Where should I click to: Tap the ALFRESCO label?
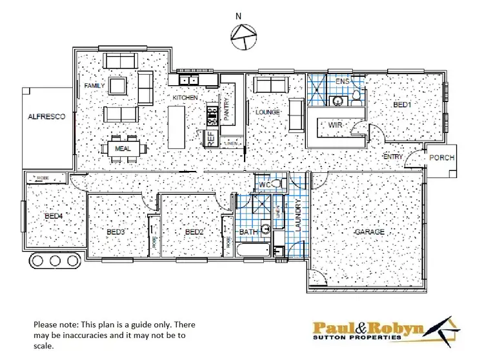43,117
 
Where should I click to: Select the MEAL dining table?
123,148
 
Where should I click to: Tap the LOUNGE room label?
267,112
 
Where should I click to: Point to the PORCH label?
441,157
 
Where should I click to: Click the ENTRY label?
393,157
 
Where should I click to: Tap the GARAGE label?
369,232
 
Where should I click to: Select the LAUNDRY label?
298,214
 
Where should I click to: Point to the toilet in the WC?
277,185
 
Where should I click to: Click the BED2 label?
194,232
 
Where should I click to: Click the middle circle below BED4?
55,261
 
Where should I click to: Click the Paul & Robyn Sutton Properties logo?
387,332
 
